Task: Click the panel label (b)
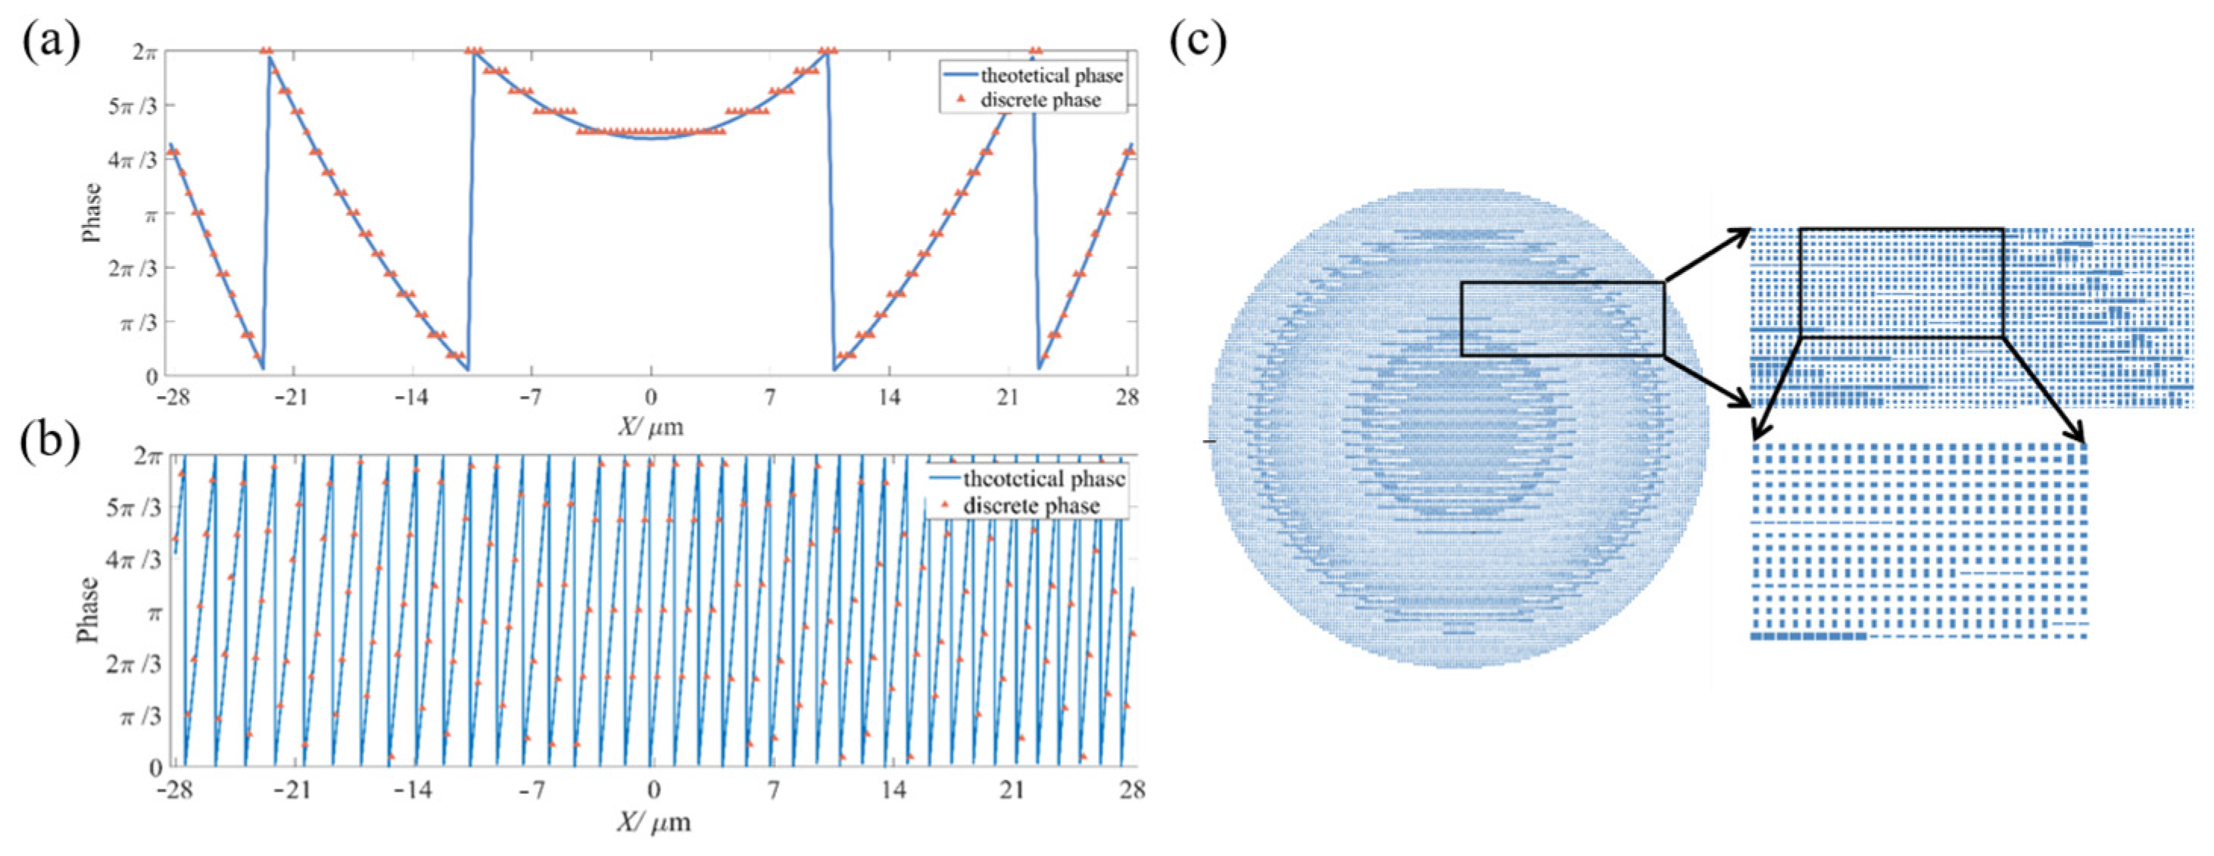pos(51,440)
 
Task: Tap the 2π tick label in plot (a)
pos(145,52)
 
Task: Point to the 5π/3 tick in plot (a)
pos(135,106)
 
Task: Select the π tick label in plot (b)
pos(154,614)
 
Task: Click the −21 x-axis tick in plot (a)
pos(293,397)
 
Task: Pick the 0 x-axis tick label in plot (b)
pos(653,789)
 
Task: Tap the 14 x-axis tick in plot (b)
pos(893,789)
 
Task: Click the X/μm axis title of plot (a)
pos(650,426)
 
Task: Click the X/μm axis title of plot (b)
pos(653,822)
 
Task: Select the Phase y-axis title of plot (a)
pos(91,212)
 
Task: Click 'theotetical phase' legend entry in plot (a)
pos(1051,76)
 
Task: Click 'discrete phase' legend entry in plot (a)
pos(1040,100)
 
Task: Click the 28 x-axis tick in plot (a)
pos(1127,397)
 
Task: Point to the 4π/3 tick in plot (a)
pos(135,160)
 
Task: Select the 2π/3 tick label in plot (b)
pos(133,664)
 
